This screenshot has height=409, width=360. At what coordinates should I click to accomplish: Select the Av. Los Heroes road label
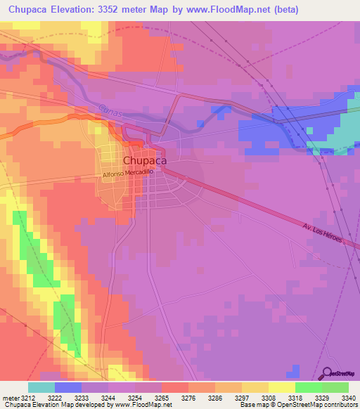click(322, 234)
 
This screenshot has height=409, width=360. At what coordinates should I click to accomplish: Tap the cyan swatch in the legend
click(41, 387)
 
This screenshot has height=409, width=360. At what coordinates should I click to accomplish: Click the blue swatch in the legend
click(68, 387)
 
